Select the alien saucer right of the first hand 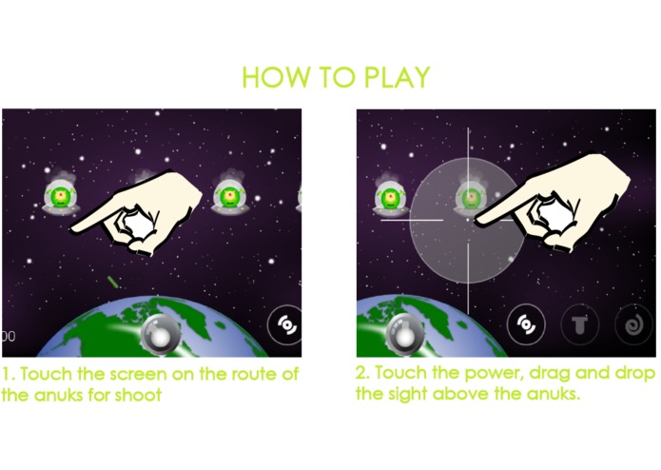230,194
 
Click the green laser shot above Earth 112,282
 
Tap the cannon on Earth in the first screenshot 160,334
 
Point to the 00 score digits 9,337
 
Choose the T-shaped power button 580,325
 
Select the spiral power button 634,325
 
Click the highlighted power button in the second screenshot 526,324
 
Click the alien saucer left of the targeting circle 391,196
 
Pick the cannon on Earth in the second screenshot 405,334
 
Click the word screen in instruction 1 134,374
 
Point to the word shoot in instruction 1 138,395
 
